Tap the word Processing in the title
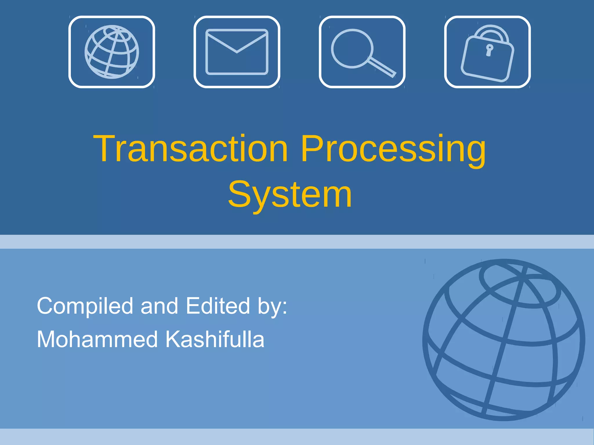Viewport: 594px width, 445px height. pyautogui.click(x=393, y=149)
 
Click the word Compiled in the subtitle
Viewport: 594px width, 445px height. pyautogui.click(x=85, y=306)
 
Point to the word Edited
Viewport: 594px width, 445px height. pyautogui.click(x=218, y=306)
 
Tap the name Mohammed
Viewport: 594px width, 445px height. pyautogui.click(x=97, y=339)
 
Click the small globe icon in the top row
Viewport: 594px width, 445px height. pyautogui.click(x=112, y=52)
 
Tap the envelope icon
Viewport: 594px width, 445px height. pyautogui.click(x=237, y=52)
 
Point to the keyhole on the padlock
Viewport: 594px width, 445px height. pyautogui.click(x=489, y=50)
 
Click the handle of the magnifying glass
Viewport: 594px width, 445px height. pyautogui.click(x=383, y=68)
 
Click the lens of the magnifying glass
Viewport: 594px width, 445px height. pyautogui.click(x=352, y=48)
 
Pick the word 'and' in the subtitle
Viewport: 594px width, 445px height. pyautogui.click(x=159, y=306)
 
